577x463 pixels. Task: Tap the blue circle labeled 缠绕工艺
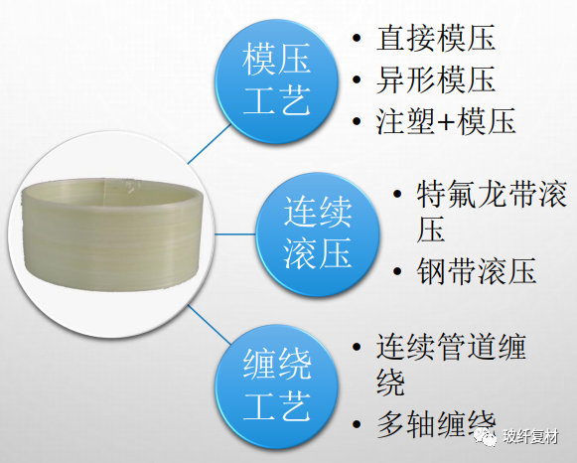tap(277, 383)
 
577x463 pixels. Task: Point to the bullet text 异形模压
tap(436, 80)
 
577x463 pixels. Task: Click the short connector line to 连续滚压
tap(237, 234)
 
